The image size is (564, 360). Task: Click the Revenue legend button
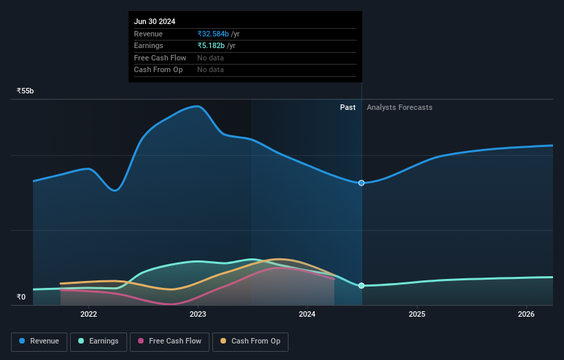(40, 341)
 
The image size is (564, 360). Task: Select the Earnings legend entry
(98, 341)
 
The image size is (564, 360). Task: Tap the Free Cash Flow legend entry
(169, 341)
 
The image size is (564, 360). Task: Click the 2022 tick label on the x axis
(89, 315)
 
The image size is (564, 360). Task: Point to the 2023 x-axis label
(198, 315)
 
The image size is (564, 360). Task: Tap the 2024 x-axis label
(307, 315)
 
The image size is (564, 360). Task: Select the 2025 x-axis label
(417, 315)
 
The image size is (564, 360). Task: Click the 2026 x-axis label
(526, 315)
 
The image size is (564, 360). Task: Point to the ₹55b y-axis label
(25, 91)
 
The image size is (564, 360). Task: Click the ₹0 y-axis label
(21, 297)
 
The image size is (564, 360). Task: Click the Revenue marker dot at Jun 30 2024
(361, 183)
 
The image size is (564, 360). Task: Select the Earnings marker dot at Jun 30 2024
(361, 285)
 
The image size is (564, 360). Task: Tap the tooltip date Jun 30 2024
(155, 21)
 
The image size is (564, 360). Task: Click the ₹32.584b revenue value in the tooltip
(213, 34)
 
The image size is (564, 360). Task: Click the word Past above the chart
(348, 107)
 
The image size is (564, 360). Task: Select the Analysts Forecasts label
(400, 107)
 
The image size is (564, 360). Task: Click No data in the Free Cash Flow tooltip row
(210, 58)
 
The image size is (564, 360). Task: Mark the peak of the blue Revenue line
(198, 106)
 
